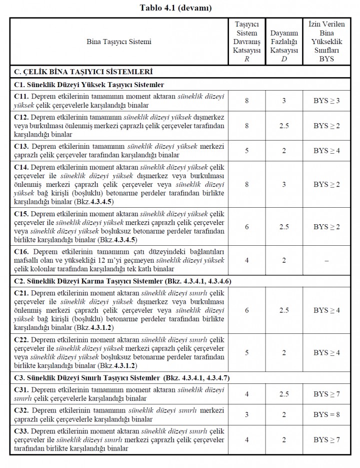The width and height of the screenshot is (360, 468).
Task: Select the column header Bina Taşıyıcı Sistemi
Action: click(119, 42)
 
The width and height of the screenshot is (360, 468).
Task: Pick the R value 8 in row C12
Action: click(246, 125)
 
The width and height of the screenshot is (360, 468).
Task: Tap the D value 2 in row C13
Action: click(283, 150)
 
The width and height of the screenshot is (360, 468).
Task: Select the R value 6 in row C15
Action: click(246, 227)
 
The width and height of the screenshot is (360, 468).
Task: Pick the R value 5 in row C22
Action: click(246, 352)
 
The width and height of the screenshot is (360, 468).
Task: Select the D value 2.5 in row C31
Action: click(283, 394)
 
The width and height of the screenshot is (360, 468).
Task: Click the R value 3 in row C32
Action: click(246, 414)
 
